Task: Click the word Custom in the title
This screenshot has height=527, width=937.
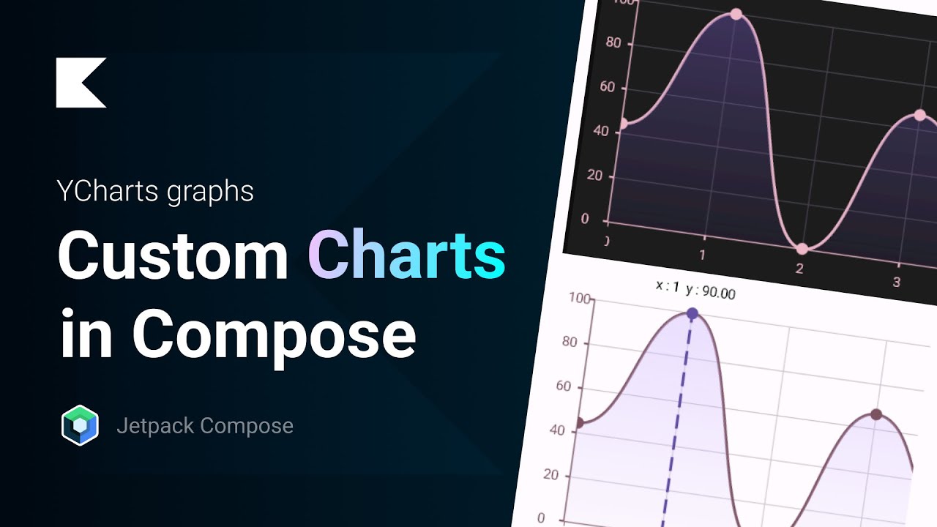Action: pyautogui.click(x=173, y=255)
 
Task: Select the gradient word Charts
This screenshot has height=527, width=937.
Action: pyautogui.click(x=406, y=255)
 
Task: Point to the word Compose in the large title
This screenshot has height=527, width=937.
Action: pyautogui.click(x=274, y=333)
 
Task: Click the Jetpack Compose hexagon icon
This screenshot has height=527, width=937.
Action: pyautogui.click(x=80, y=425)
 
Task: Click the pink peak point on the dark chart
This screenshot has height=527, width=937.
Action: pyautogui.click(x=736, y=14)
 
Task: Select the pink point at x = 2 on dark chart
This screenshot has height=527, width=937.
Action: pyautogui.click(x=802, y=249)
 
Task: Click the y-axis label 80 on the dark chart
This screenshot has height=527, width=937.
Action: pyautogui.click(x=613, y=43)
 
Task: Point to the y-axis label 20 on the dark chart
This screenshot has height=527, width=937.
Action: pyautogui.click(x=594, y=176)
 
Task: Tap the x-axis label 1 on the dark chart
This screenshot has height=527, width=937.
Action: pyautogui.click(x=702, y=255)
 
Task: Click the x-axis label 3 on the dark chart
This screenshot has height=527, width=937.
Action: pyautogui.click(x=896, y=283)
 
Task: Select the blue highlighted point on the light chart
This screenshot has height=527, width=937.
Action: pyautogui.click(x=692, y=314)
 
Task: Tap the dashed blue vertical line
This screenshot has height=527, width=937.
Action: pyautogui.click(x=676, y=425)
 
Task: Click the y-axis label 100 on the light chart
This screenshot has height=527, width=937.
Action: pyautogui.click(x=579, y=299)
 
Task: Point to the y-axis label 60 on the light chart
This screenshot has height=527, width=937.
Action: pyautogui.click(x=564, y=386)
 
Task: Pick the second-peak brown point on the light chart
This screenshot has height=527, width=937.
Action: pyautogui.click(x=876, y=414)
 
